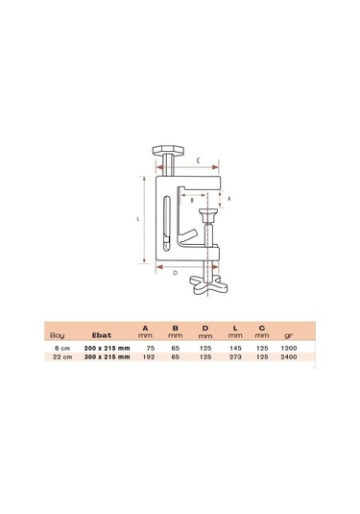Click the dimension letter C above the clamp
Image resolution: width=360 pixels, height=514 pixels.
coord(199,160)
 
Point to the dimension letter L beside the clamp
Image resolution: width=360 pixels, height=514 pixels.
coord(138,219)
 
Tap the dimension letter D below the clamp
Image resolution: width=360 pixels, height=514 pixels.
coord(176,273)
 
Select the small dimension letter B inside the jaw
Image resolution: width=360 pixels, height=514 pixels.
coord(192,200)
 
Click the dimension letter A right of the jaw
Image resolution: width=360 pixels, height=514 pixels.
coord(229,198)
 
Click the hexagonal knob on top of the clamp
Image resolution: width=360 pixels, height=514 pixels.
coord(168,151)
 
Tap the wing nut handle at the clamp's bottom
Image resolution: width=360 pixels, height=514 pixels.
coord(209,285)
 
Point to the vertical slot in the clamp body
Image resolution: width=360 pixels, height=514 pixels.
coord(167,224)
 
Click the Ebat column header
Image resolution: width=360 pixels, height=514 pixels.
coord(102,335)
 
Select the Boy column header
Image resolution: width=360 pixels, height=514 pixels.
coord(57,335)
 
